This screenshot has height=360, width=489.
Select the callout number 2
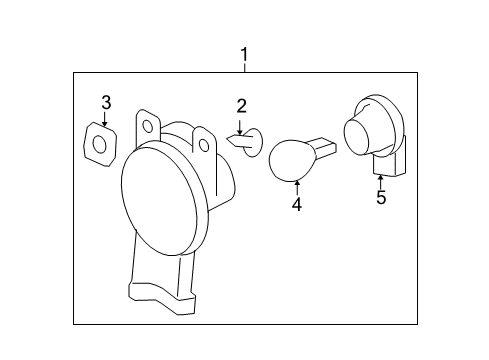point(241,106)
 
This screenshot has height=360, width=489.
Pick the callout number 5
point(381,197)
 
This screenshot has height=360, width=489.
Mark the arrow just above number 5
point(381,179)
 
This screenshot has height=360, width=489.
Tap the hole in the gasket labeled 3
point(100,146)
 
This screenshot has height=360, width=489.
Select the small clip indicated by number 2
point(253,144)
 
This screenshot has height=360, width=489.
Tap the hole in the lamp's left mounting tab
point(149,126)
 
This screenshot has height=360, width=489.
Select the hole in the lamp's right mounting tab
point(204,146)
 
